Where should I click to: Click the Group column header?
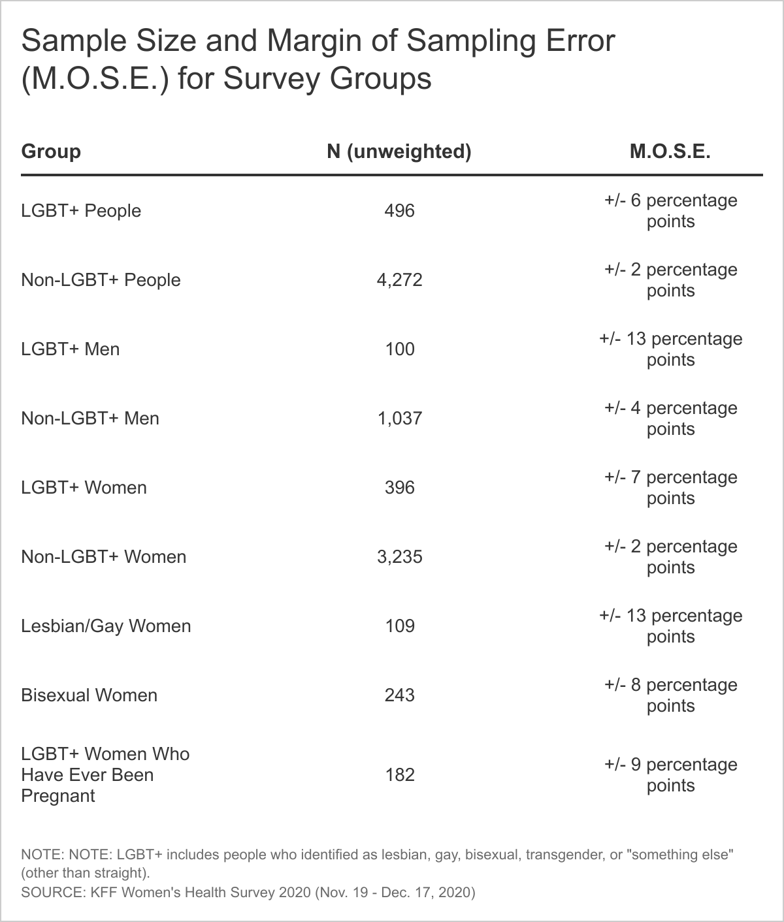pos(51,151)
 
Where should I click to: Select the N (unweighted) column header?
pos(399,151)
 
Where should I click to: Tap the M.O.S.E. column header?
pos(670,151)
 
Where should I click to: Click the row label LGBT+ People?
pos(81,211)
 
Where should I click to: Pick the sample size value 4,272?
pos(399,280)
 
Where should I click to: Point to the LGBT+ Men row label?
pos(71,349)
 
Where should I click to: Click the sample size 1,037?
pos(399,419)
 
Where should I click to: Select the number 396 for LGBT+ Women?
pos(399,488)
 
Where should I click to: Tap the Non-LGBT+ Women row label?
pos(104,557)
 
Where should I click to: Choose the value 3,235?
pos(399,557)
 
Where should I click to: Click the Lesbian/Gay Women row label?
pos(106,626)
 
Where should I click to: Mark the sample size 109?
pos(399,626)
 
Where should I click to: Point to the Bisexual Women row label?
pos(90,695)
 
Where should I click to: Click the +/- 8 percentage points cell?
pos(670,695)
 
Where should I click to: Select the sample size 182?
pos(399,775)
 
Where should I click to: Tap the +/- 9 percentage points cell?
pos(670,775)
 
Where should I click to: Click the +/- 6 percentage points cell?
pos(670,211)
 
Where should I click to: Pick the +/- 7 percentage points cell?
pos(670,488)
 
